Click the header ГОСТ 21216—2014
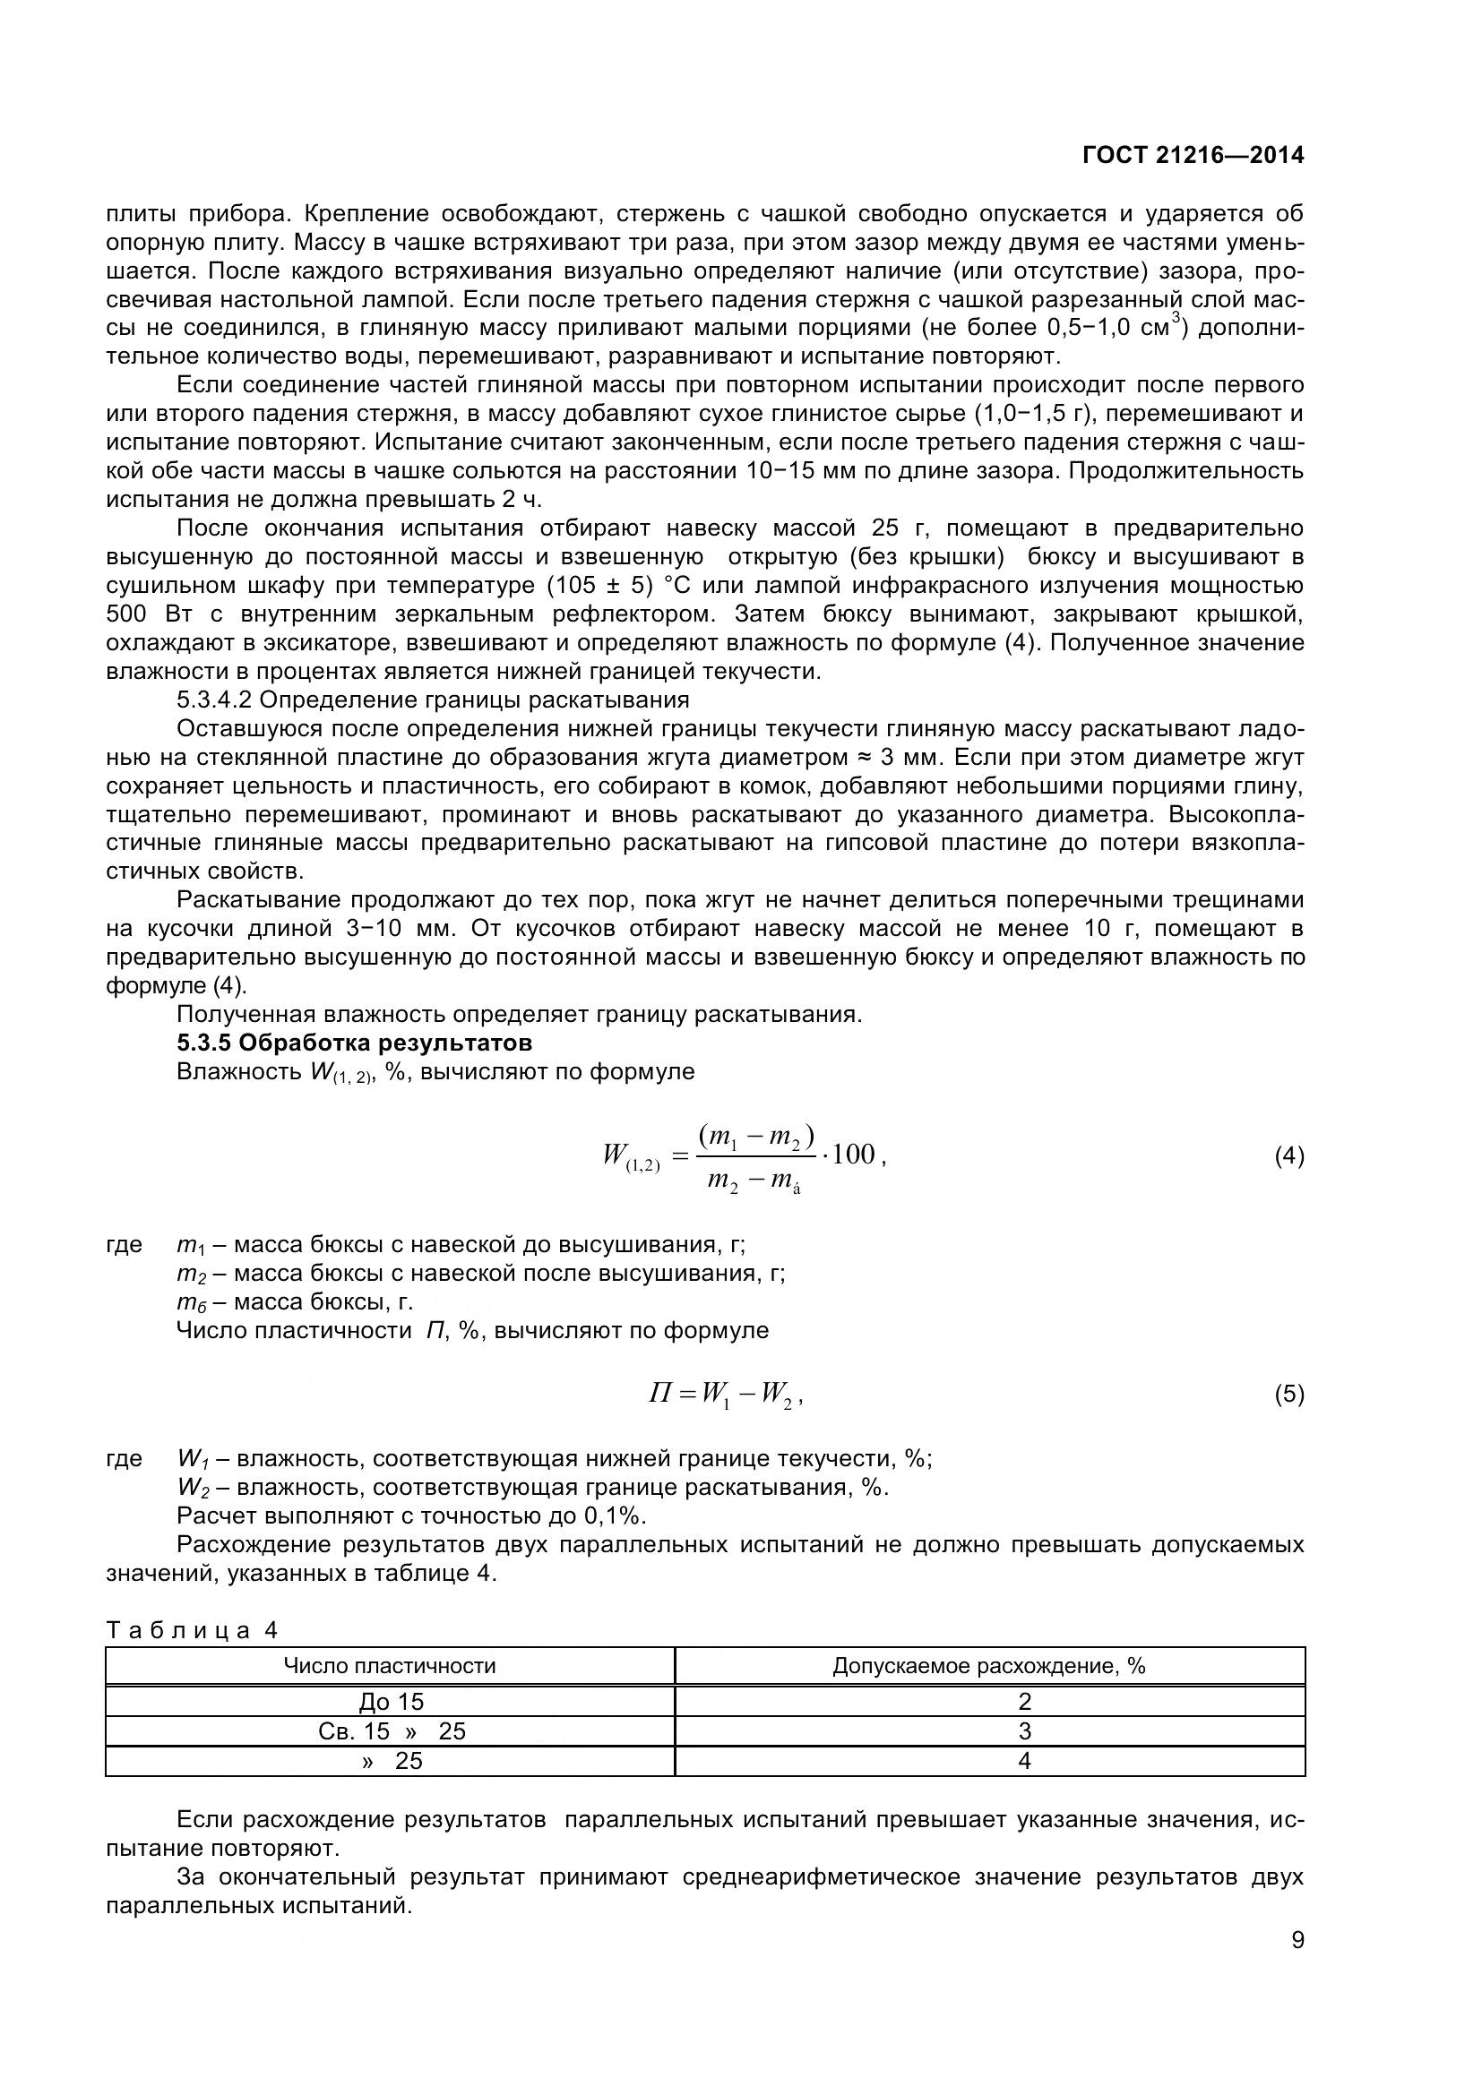[x=1193, y=155]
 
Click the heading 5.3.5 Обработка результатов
[x=354, y=1042]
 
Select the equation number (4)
[x=1288, y=1157]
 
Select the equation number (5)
[x=1288, y=1395]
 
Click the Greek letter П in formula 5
[x=659, y=1394]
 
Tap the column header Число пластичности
[x=390, y=1666]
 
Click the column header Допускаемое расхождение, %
[x=988, y=1666]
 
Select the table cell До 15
[x=392, y=1702]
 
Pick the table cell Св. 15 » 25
[x=392, y=1731]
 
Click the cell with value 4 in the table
[x=1024, y=1760]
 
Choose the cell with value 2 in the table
[x=1024, y=1702]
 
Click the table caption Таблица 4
[x=193, y=1629]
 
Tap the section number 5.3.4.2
[x=214, y=700]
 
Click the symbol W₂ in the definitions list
[x=193, y=1489]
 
